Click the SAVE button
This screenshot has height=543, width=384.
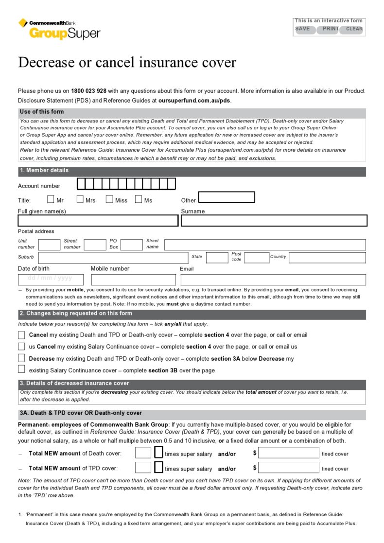303,29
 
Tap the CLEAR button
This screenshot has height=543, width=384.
353,29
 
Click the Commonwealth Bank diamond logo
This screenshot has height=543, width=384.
23,23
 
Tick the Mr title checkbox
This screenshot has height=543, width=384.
51,199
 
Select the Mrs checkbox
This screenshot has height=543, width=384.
80,199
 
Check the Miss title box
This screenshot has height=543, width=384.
109,199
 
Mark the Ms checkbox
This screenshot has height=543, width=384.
139,199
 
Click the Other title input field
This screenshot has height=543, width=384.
227,197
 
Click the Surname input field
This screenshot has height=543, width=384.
274,221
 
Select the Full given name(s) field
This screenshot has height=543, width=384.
98,221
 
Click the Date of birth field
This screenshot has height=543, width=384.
51,280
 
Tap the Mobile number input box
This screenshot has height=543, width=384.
133,280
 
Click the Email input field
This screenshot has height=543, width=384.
273,280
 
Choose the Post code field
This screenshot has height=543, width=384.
257,258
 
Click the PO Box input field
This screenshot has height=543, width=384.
131,245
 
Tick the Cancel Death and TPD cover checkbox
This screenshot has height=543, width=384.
21,335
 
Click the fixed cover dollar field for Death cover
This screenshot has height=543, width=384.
288,454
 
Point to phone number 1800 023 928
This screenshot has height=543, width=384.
88,91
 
